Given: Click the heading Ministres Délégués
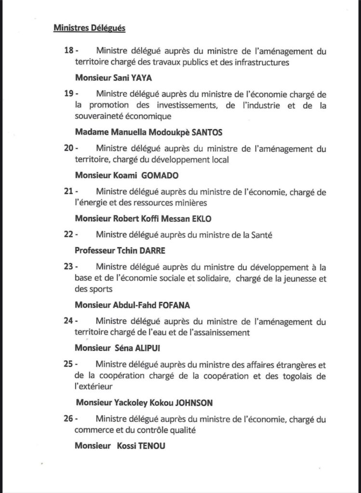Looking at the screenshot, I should tap(89, 28).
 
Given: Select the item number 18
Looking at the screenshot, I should tap(68, 51).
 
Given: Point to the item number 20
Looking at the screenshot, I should tap(68, 148).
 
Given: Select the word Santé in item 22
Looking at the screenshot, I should tap(246, 235).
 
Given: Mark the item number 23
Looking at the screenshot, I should tap(68, 266).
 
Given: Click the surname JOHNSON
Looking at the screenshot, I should tap(194, 402).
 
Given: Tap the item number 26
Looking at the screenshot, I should tap(68, 418).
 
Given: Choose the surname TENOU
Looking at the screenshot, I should tap(153, 445).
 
